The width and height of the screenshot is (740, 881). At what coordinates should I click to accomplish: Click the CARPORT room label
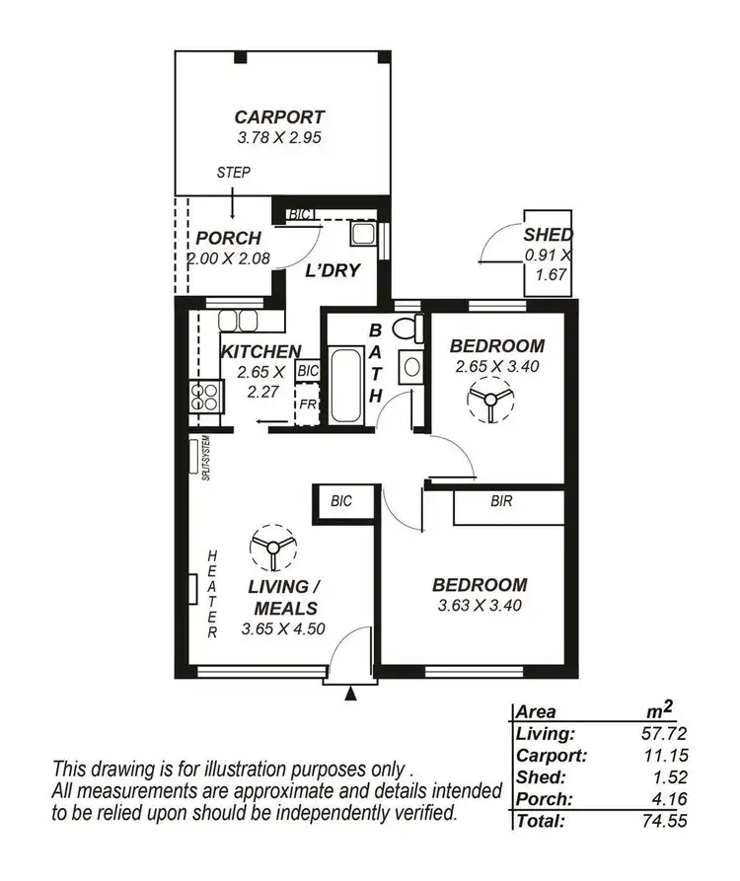tap(279, 116)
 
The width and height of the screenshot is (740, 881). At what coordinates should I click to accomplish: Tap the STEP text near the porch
tap(233, 173)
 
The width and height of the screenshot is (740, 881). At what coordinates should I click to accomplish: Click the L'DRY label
tap(332, 270)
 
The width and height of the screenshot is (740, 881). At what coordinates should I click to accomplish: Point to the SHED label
tap(548, 235)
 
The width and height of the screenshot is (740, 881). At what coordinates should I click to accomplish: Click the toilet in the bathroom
tap(406, 329)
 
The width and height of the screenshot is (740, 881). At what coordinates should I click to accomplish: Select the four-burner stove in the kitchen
tap(205, 396)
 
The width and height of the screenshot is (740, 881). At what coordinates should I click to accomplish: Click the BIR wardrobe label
tap(501, 501)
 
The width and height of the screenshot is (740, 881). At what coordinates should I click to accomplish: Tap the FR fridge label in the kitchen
tap(307, 404)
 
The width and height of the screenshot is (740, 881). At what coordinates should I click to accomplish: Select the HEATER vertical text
tap(211, 596)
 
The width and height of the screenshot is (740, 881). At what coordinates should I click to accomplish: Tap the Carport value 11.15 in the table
tap(664, 755)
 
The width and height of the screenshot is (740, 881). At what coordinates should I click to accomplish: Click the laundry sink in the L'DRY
tap(362, 234)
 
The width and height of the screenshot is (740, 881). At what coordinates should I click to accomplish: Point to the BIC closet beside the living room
tap(341, 502)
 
